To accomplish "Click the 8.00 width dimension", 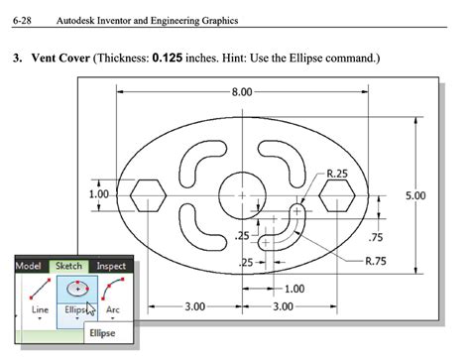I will click(241, 92).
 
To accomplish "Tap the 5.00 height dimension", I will click(414, 195).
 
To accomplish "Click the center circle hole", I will click(241, 195).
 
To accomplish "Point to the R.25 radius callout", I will click(338, 173).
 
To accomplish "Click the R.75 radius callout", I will click(376, 262).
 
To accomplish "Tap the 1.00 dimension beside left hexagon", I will click(99, 194).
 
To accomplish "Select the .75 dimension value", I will click(375, 237).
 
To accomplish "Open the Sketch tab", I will click(69, 266).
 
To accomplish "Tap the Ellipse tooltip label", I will click(103, 334).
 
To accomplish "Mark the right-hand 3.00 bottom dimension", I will click(282, 306).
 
